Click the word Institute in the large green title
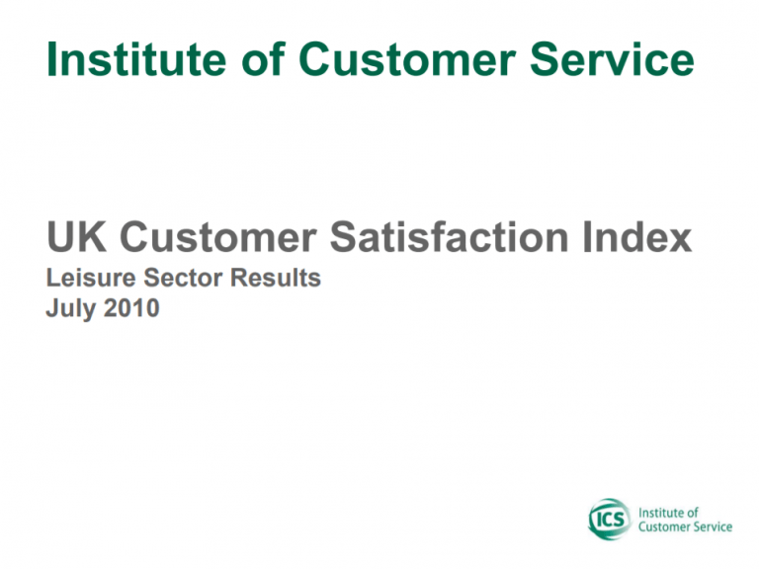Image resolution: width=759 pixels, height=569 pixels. point(136,59)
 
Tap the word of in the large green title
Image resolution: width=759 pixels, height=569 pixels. point(263,58)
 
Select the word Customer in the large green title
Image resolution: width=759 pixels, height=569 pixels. point(407,59)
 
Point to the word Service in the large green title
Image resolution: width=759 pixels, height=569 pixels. point(613,59)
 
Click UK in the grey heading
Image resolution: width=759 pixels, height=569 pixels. point(76,237)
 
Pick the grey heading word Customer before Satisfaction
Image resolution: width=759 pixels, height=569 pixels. point(218,237)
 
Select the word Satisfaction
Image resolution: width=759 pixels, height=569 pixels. point(450,237)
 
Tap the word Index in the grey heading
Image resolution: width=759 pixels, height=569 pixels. point(637,237)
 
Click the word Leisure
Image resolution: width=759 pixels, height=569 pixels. point(91,278)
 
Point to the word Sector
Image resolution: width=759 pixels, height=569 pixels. point(183,278)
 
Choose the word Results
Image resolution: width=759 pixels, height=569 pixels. point(276,278)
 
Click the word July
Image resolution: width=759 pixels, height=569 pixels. point(71,308)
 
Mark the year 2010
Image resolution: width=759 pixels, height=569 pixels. point(131,308)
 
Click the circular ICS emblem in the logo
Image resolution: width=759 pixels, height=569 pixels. point(610,520)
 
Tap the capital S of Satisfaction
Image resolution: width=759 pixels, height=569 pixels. point(343,237)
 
